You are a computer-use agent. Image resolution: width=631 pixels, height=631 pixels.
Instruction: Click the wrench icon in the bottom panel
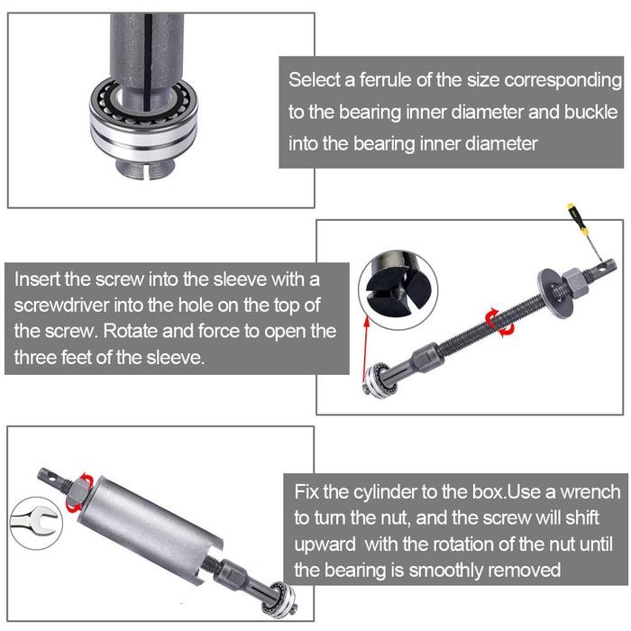click(33, 520)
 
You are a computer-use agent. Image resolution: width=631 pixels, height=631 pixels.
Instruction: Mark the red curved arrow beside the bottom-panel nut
click(86, 478)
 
